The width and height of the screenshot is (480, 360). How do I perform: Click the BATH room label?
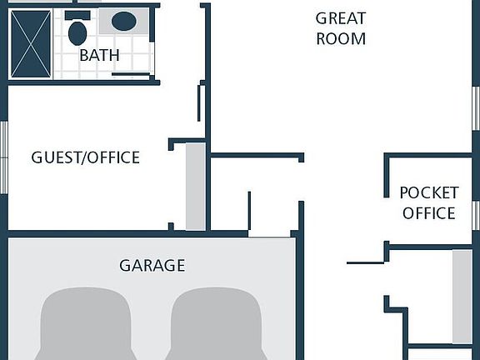click(99, 55)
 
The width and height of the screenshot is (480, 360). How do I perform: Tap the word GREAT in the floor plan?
click(341, 18)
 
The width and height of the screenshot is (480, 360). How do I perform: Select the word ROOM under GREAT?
click(341, 39)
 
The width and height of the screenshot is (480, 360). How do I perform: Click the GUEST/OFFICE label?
click(85, 157)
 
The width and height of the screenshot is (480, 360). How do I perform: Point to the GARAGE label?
click(152, 265)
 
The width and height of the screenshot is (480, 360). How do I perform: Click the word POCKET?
click(429, 192)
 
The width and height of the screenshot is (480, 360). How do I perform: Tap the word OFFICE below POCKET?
click(429, 213)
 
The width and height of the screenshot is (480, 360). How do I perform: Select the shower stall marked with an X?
click(31, 44)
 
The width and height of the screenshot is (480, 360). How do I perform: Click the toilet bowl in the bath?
click(77, 33)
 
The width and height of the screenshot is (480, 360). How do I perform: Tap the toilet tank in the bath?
click(77, 15)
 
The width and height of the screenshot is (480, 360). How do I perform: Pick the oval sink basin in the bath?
click(124, 21)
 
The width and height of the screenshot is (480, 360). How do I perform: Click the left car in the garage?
click(85, 324)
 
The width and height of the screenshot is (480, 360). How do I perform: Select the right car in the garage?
click(216, 324)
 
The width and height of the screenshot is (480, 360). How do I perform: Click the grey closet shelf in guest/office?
click(196, 187)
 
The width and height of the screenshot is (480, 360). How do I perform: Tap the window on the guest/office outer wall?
click(3, 157)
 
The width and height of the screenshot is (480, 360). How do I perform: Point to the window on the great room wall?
click(476, 108)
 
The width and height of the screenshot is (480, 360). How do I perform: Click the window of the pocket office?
click(476, 215)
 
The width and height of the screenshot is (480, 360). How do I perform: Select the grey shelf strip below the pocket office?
click(462, 297)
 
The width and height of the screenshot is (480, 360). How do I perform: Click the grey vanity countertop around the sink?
click(124, 21)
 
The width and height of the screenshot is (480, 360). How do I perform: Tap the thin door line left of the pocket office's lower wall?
click(366, 262)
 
